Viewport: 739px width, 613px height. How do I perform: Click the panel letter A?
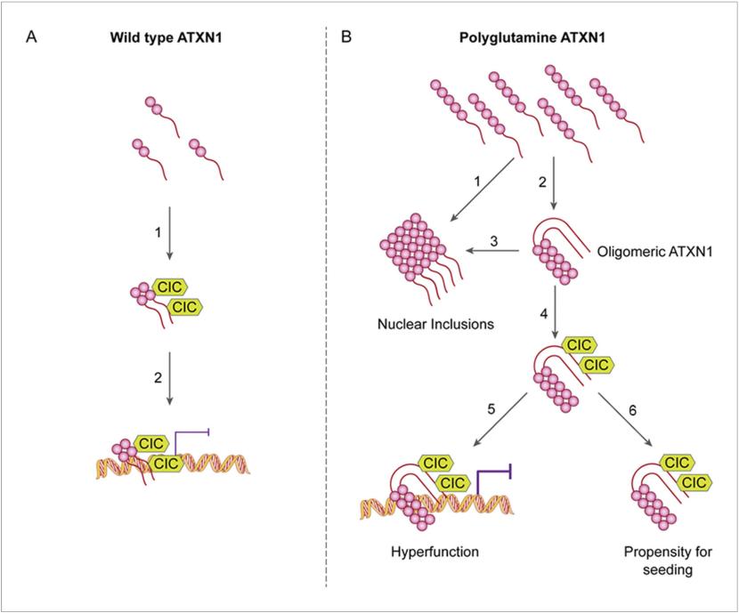(x=33, y=40)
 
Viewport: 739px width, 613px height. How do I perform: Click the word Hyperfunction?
(x=435, y=552)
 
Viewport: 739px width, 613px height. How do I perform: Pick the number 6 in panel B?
(x=633, y=412)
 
